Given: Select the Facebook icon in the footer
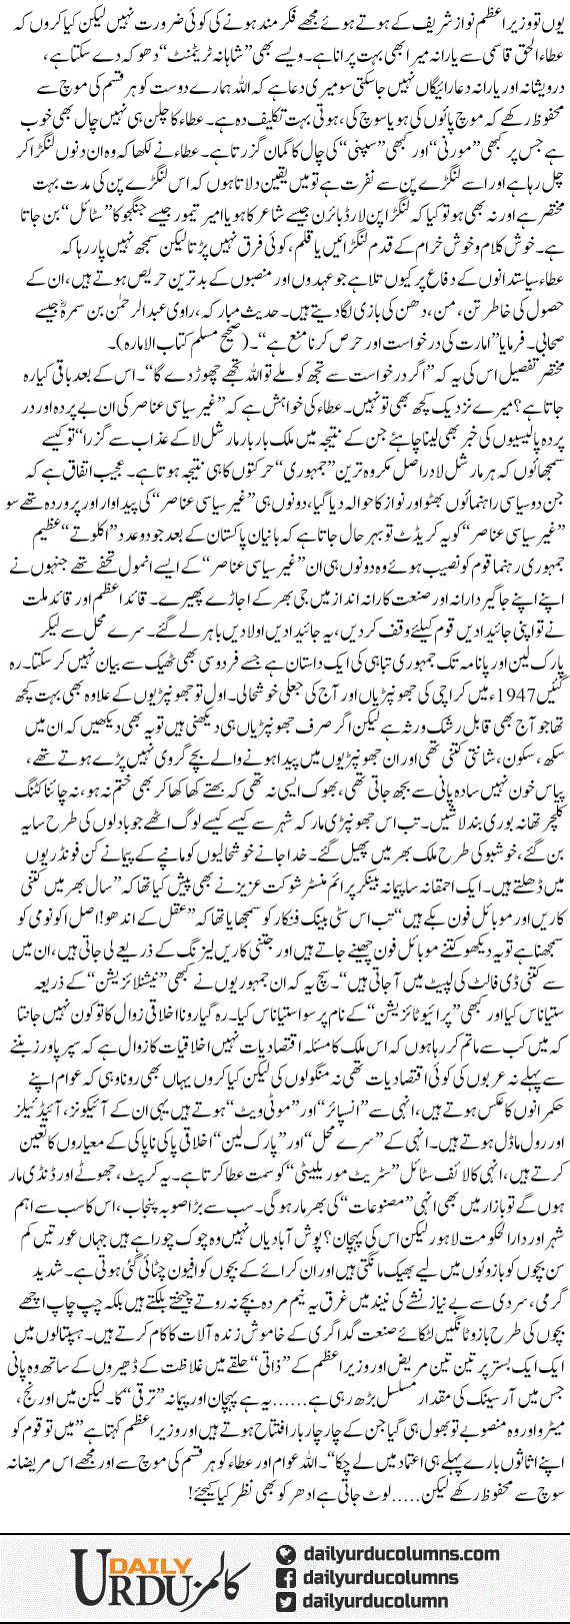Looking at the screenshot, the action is tap(288, 1577).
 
